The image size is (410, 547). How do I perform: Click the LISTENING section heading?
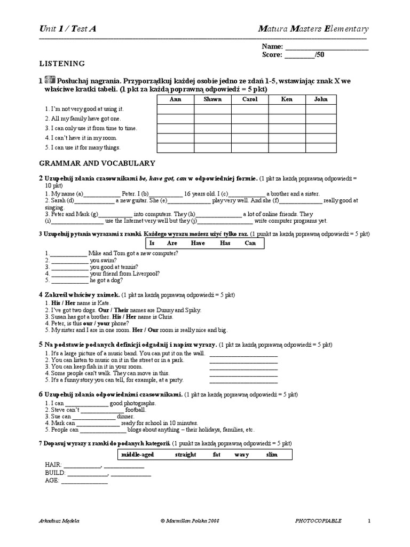62,64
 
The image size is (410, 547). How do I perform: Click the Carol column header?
250,99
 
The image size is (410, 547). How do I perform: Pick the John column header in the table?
321,99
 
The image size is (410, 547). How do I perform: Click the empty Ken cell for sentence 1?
287,109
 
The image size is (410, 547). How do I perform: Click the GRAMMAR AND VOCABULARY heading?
97,163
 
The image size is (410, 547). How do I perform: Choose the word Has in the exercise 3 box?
225,243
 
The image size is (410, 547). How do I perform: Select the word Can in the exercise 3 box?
250,243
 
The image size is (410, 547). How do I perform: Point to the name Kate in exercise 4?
103,303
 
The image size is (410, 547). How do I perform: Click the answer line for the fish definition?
243,368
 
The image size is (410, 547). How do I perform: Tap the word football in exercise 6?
135,410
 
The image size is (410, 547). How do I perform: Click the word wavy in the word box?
241,455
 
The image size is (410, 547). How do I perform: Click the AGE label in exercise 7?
53,480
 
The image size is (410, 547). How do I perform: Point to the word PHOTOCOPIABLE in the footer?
318,520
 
